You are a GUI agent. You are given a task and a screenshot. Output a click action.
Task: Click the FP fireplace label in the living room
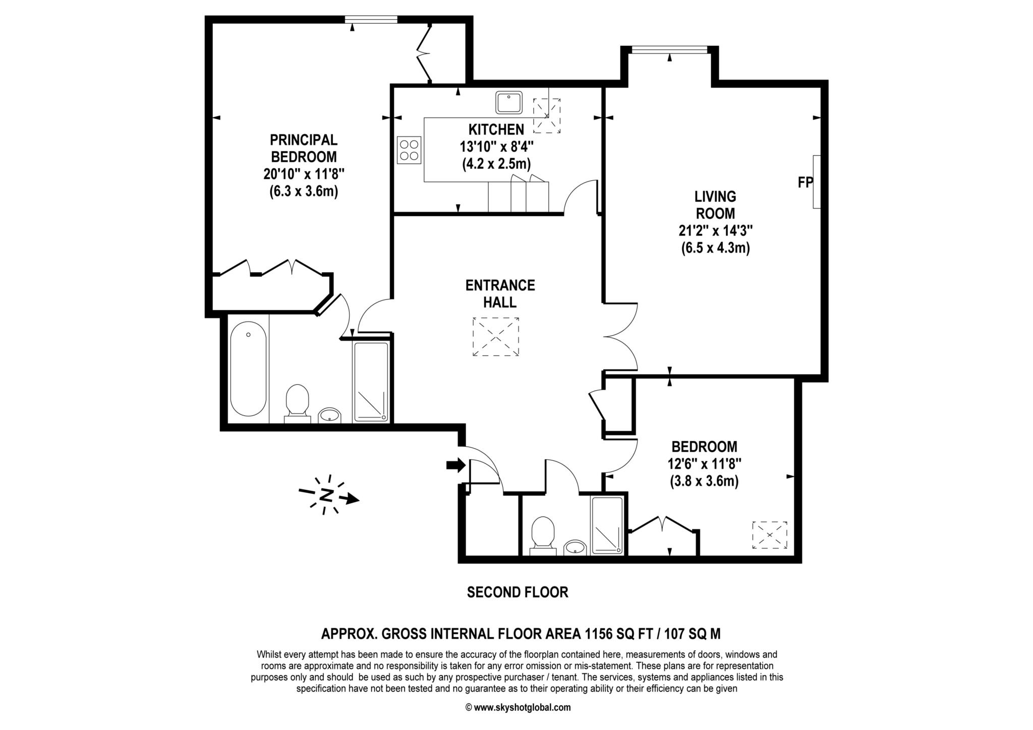click(x=805, y=182)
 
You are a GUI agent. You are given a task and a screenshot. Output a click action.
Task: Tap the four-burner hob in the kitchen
click(x=409, y=150)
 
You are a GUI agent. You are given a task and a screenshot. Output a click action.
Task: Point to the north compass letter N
click(x=327, y=495)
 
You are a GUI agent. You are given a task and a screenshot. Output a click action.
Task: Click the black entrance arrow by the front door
click(x=455, y=465)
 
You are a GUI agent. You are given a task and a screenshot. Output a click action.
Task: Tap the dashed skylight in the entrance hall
click(x=495, y=337)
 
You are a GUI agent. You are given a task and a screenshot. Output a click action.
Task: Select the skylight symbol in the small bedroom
click(x=769, y=535)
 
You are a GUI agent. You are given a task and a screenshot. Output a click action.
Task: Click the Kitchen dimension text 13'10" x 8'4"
click(x=496, y=147)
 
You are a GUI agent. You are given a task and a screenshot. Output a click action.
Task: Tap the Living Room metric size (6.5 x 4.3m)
click(x=715, y=248)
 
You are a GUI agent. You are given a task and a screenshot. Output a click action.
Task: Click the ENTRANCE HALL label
click(x=500, y=293)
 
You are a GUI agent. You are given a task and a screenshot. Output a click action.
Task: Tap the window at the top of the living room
click(x=669, y=49)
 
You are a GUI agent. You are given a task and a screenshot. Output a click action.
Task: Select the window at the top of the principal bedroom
click(x=371, y=19)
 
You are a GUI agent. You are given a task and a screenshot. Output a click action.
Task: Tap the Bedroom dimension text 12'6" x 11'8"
click(x=704, y=464)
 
